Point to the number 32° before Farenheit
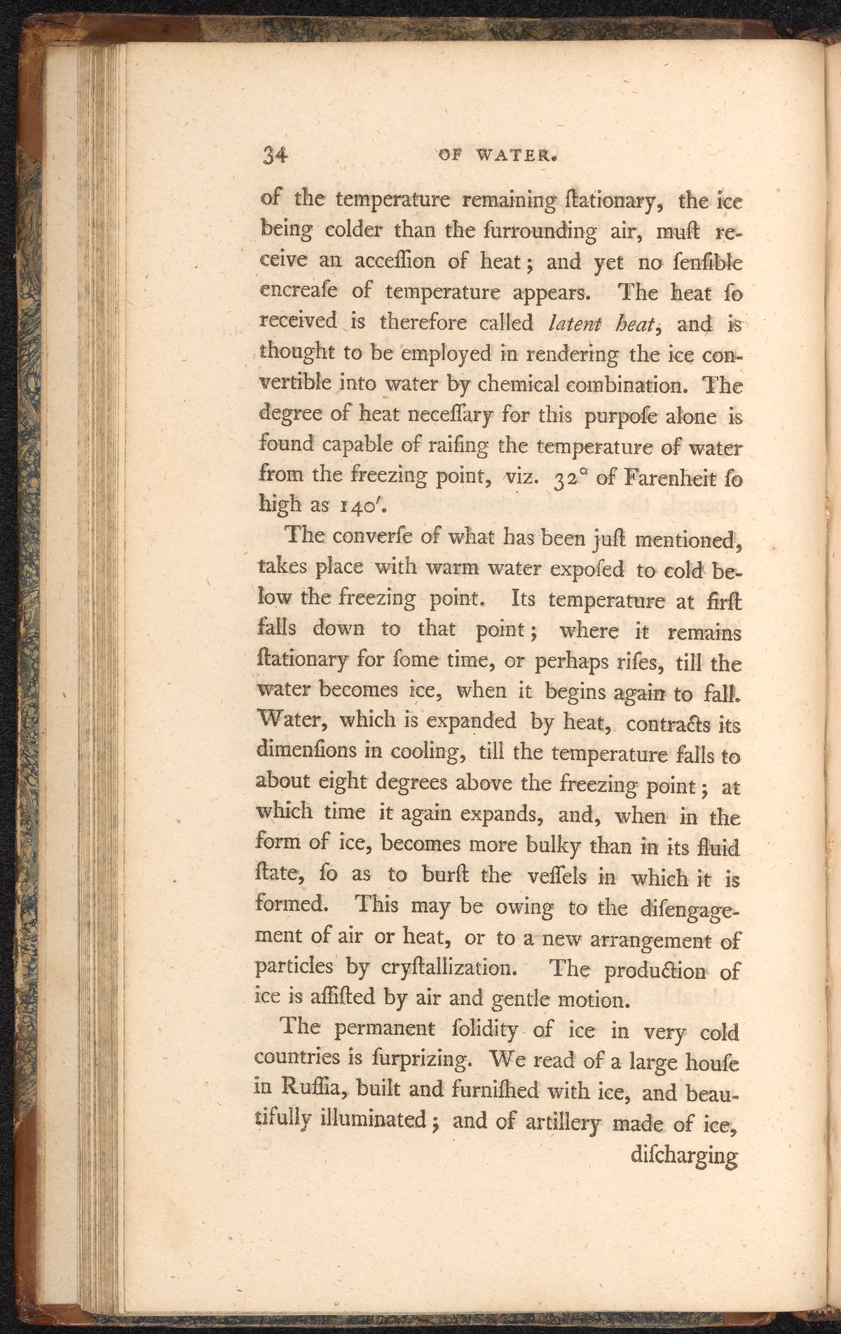[x=567, y=480]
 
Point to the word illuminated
[x=378, y=1121]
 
